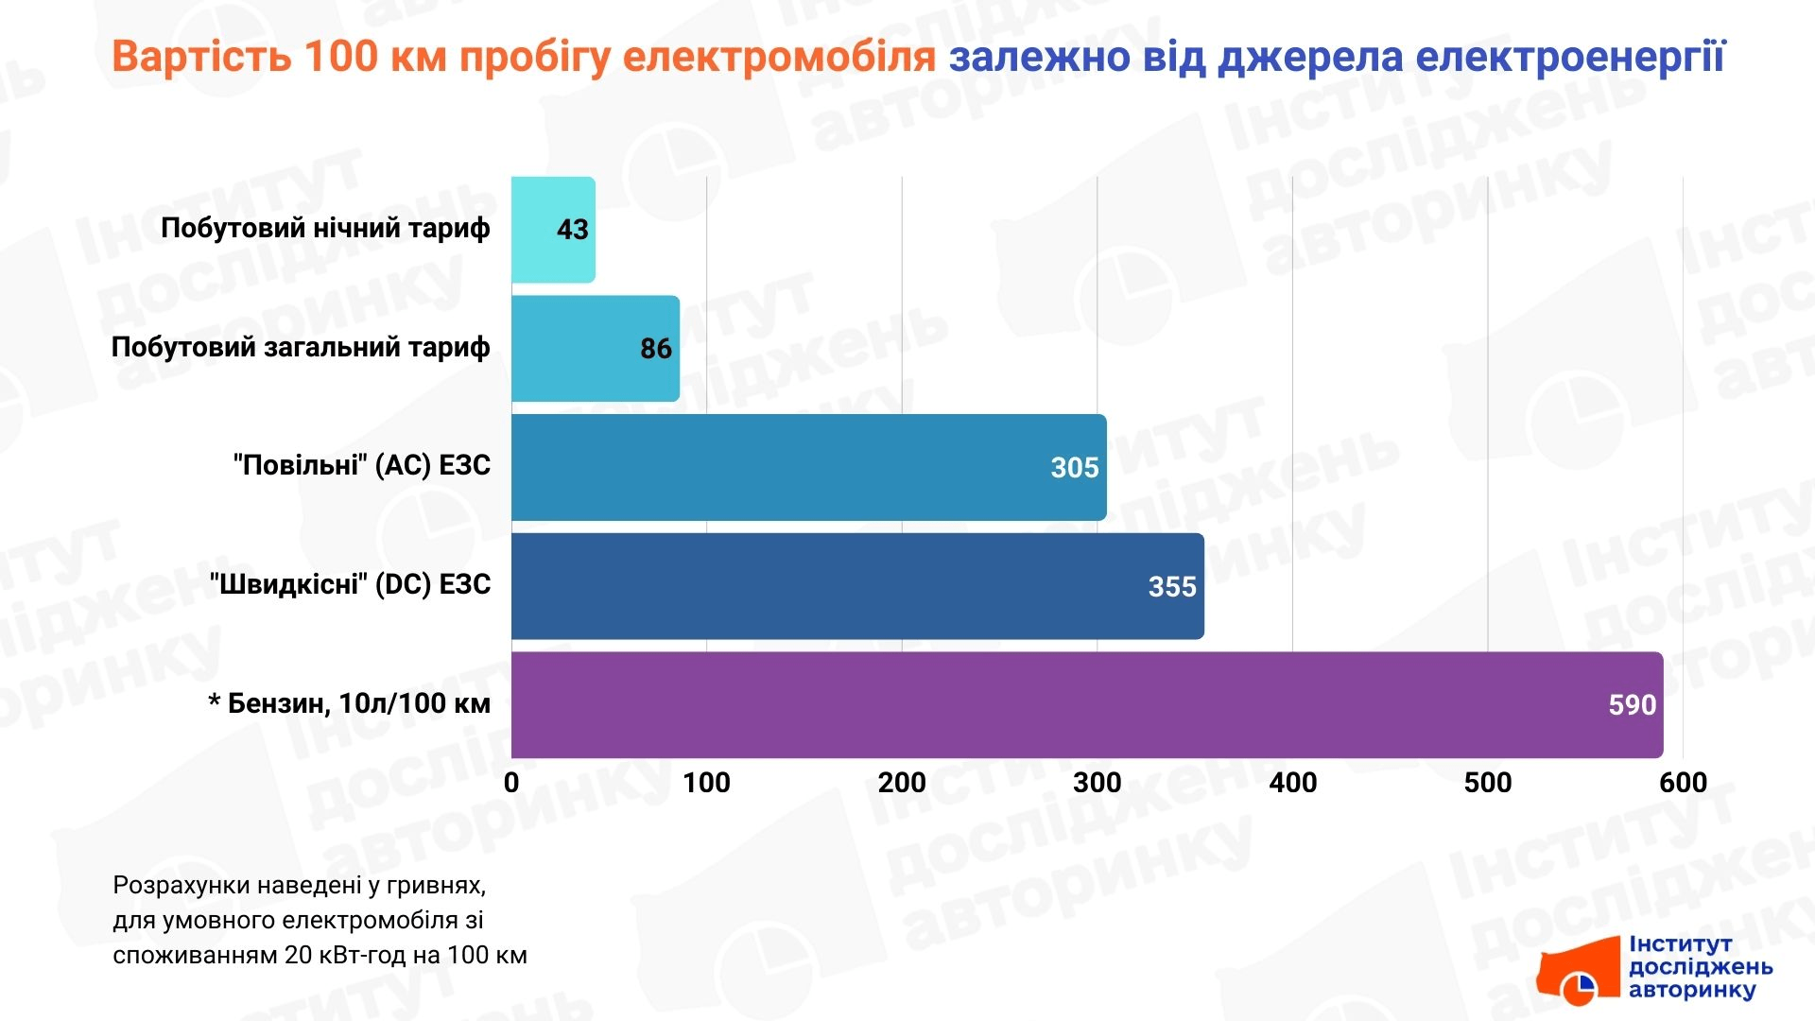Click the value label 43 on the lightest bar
pyautogui.click(x=572, y=230)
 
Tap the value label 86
pyautogui.click(x=655, y=349)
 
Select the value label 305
pyautogui.click(x=1075, y=468)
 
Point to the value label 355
pyautogui.click(x=1172, y=587)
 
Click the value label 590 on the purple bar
pyautogui.click(x=1632, y=705)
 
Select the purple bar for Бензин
pyautogui.click(x=1040, y=705)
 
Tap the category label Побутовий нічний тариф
pyautogui.click(x=325, y=228)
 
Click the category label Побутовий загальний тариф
pyautogui.click(x=301, y=347)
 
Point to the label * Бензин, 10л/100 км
pyautogui.click(x=349, y=703)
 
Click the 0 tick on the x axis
pyautogui.click(x=511, y=783)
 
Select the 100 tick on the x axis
pyautogui.click(x=706, y=783)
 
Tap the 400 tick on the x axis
pyautogui.click(x=1292, y=783)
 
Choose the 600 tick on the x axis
pyautogui.click(x=1683, y=783)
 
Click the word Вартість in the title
pyautogui.click(x=201, y=57)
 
